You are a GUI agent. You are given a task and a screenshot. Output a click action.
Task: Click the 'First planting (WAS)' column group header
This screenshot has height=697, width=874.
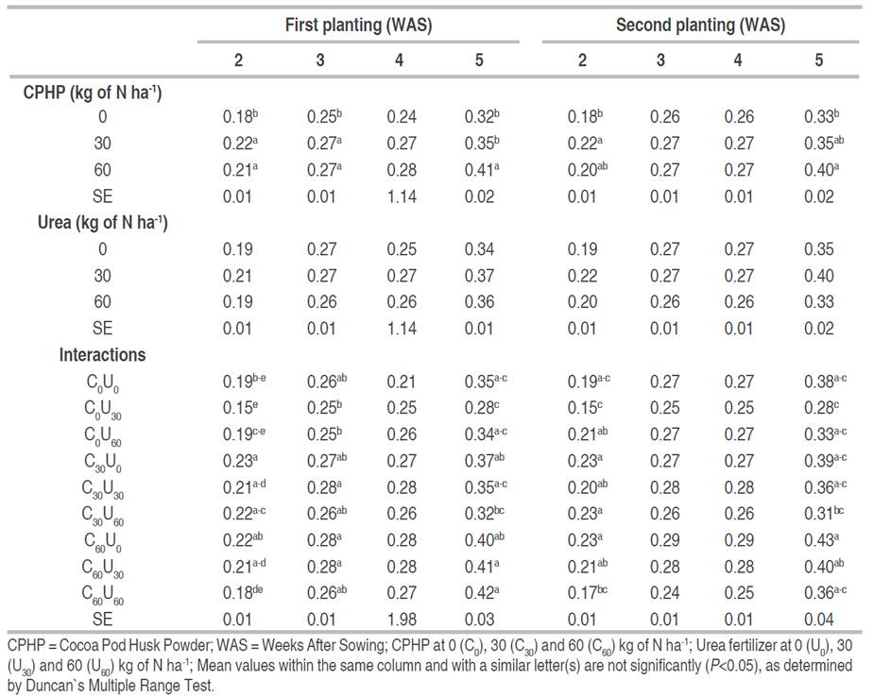[x=358, y=25]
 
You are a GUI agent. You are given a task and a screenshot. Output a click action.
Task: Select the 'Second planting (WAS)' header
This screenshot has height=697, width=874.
[x=700, y=25]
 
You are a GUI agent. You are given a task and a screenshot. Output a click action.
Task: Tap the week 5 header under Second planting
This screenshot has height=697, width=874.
[x=818, y=60]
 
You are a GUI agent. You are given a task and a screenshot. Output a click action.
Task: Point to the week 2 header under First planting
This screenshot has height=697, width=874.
[x=239, y=60]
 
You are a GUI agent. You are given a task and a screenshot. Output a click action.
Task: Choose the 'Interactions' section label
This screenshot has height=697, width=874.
[x=102, y=355]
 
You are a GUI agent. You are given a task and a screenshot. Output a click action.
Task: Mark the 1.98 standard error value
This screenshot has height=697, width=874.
[x=399, y=619]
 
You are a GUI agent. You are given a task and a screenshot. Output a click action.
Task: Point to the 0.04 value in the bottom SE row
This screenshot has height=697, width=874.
[x=818, y=619]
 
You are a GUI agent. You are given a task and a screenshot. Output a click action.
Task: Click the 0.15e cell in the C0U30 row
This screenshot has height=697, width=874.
[x=241, y=408]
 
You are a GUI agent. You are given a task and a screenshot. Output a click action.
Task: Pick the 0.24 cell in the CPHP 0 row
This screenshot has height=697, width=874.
[x=399, y=118]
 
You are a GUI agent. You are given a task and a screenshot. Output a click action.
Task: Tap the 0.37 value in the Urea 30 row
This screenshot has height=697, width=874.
[x=479, y=276]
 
